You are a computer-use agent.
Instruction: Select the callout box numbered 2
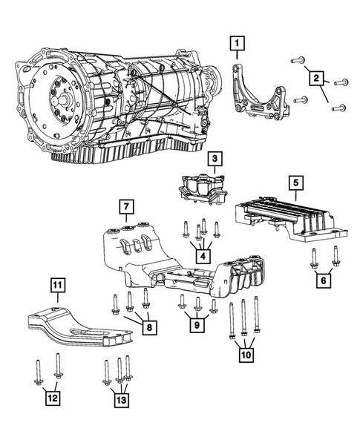click(x=315, y=77)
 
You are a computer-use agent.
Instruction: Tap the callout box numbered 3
click(x=213, y=159)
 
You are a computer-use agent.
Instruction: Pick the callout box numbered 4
click(x=201, y=256)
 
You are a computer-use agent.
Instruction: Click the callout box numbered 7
click(x=126, y=206)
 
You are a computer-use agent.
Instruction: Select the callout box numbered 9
click(x=197, y=325)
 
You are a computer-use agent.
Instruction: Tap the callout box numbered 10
click(x=244, y=355)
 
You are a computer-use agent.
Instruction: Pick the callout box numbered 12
click(x=51, y=399)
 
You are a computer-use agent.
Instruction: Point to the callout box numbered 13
click(x=120, y=400)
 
